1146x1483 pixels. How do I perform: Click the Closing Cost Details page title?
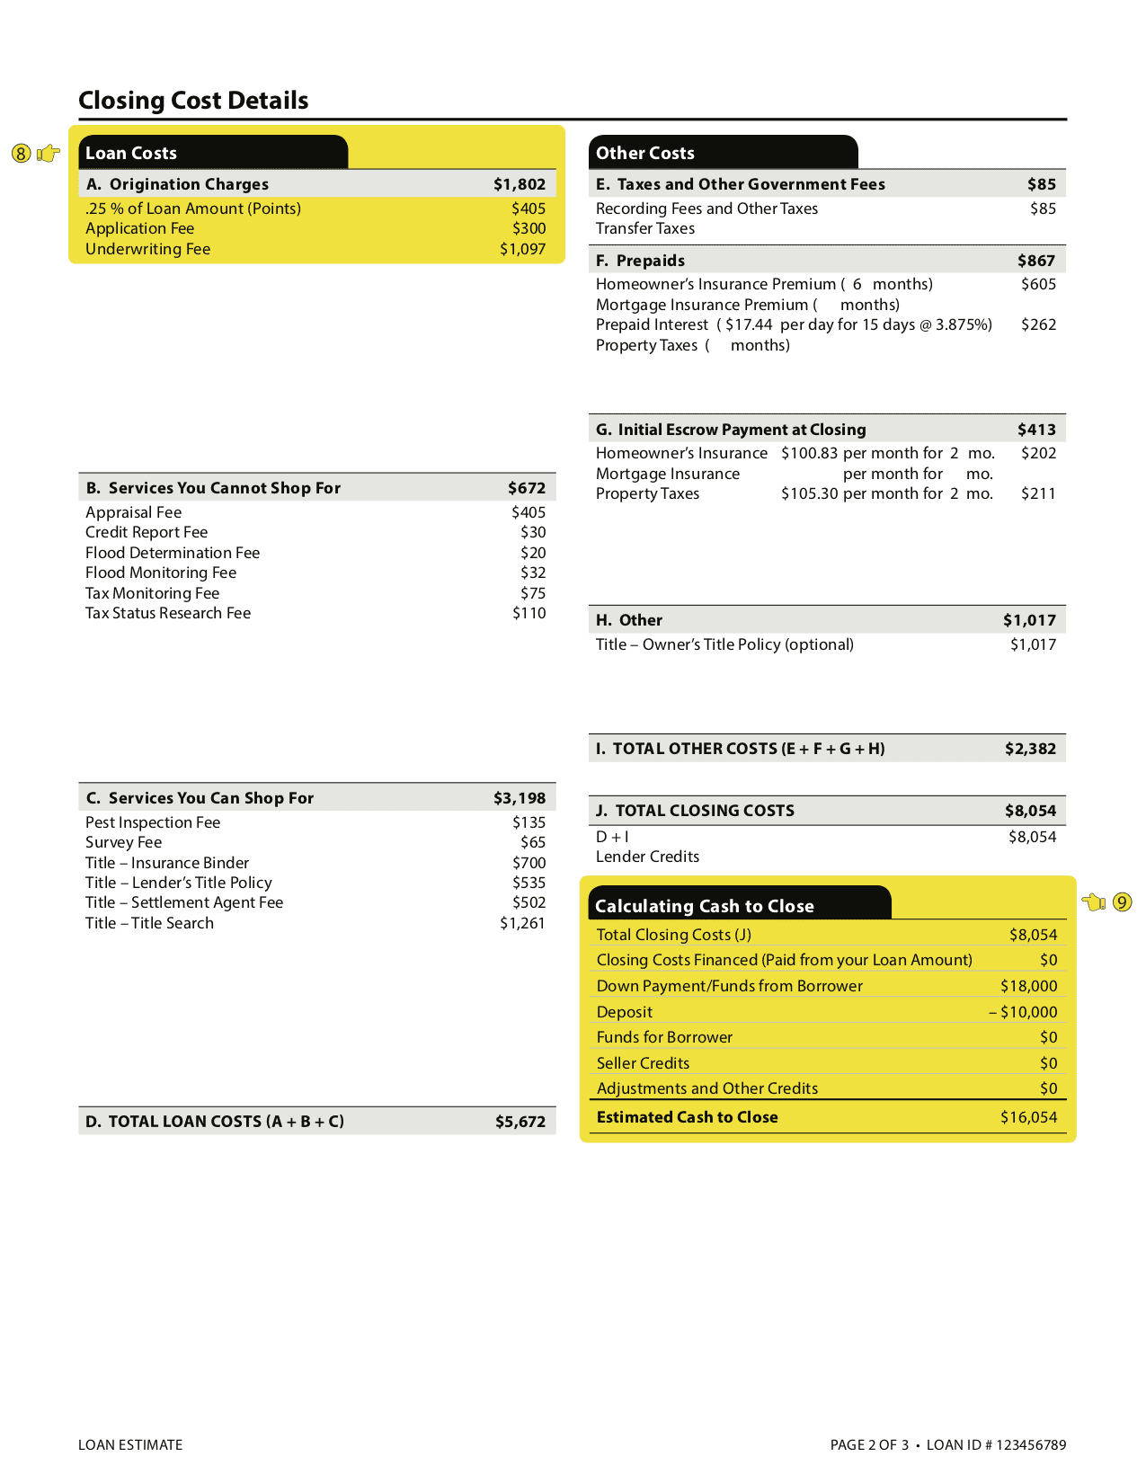tap(193, 101)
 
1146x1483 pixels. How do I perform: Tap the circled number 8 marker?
tap(22, 154)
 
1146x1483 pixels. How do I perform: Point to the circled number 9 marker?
tap(1122, 901)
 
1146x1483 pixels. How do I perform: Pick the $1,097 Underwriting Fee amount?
tap(522, 249)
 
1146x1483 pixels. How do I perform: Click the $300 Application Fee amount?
tap(529, 228)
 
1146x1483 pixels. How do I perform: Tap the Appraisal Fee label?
tap(133, 512)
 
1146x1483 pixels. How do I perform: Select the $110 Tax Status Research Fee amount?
tap(529, 613)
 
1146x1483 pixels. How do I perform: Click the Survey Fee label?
tap(123, 842)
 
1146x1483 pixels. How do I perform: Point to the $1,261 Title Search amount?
tap(522, 923)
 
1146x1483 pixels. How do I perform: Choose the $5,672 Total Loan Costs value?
tap(520, 1122)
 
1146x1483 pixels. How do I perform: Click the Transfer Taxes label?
tap(644, 228)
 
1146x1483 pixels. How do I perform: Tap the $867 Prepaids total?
tap(1036, 261)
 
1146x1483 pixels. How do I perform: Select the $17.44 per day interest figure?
tap(748, 324)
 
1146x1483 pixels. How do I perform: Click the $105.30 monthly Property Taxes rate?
tap(809, 493)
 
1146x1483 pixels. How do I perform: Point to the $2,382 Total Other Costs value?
tap(1030, 749)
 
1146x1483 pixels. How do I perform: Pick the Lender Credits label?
tap(647, 857)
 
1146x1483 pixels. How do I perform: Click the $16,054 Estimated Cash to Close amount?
tap(1028, 1117)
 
